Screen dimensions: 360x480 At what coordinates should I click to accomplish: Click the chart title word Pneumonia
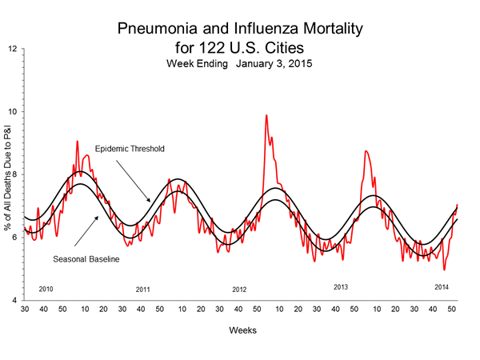coord(157,29)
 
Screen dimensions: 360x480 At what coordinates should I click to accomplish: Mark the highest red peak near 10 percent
coord(266,115)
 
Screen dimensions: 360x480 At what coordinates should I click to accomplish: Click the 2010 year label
coord(46,288)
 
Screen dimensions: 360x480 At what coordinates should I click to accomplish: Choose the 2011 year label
coord(143,289)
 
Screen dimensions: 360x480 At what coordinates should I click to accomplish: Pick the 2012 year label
coord(240,289)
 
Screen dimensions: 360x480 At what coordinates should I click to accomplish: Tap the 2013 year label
coord(341,286)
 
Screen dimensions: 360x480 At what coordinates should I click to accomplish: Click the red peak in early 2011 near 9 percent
coord(77,142)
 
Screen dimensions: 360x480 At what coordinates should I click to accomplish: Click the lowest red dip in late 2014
coord(444,270)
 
